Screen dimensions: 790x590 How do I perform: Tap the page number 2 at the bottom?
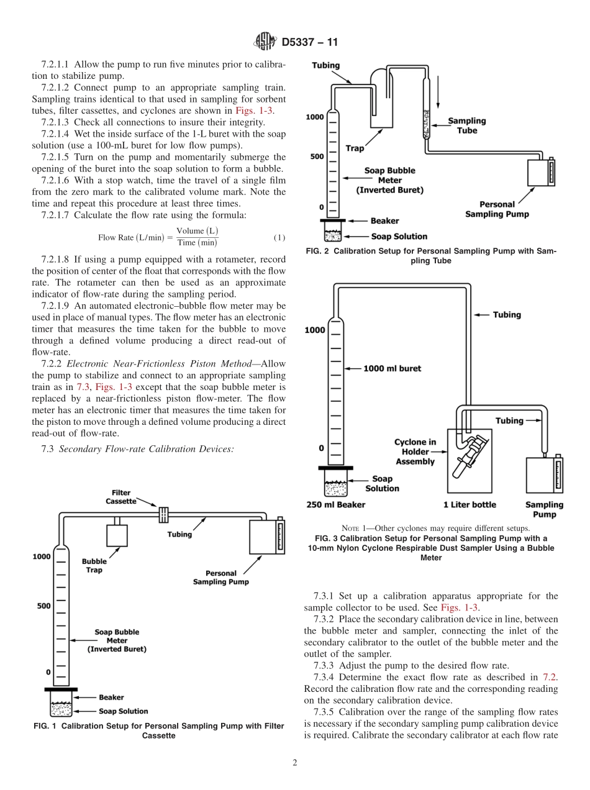[x=295, y=763]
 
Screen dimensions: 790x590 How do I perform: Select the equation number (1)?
[x=279, y=237]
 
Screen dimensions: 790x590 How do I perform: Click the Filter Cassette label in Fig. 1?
[x=121, y=497]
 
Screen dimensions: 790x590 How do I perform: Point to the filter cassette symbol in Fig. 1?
[x=164, y=515]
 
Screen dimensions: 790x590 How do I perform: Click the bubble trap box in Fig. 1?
[x=117, y=535]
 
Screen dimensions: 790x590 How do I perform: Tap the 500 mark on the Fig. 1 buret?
[x=43, y=606]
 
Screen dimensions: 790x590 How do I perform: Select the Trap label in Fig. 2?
[x=355, y=148]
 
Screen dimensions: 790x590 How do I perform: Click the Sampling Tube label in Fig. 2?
[x=467, y=125]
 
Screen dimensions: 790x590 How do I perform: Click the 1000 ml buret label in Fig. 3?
[x=392, y=368]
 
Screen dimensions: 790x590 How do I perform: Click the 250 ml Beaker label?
[x=336, y=505]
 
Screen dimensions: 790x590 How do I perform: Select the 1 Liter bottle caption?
[x=470, y=505]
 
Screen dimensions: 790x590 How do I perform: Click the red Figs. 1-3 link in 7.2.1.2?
[x=254, y=111]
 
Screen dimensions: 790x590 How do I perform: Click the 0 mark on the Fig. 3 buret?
[x=321, y=448]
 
